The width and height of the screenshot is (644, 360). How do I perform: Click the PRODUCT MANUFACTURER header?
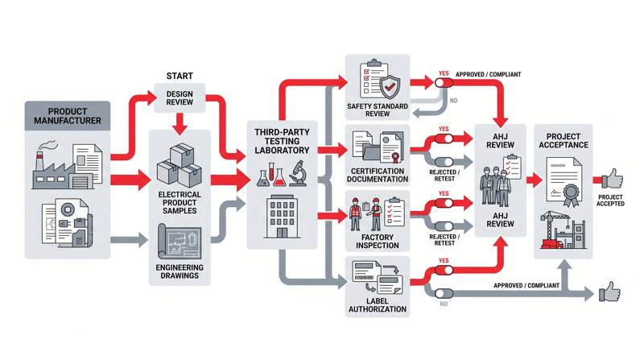click(68, 116)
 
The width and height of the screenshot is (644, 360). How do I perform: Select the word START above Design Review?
click(180, 76)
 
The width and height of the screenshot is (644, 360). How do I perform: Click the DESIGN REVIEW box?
click(180, 97)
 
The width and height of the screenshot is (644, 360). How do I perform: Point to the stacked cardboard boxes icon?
click(180, 165)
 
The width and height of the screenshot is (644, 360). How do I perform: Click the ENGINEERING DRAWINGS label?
click(180, 271)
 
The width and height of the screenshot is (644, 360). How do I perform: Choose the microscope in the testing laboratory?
click(297, 174)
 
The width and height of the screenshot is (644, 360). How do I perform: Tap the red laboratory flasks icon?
click(271, 175)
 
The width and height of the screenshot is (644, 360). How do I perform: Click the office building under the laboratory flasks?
click(282, 216)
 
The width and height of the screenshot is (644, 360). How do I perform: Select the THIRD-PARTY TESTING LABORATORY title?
click(282, 140)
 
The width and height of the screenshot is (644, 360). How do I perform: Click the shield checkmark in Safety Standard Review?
click(390, 85)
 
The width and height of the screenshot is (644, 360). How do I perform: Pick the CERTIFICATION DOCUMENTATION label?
click(378, 175)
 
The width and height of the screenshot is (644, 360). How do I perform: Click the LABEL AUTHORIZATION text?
click(378, 304)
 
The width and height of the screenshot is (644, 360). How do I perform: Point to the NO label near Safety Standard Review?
click(453, 101)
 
